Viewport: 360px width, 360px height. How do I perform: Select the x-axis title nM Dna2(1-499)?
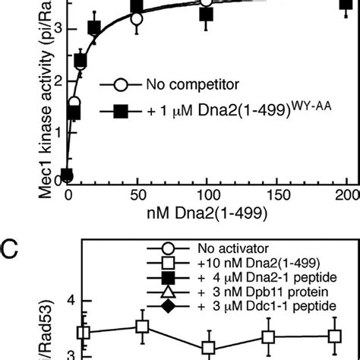206,214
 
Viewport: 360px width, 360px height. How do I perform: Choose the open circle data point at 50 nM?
137,20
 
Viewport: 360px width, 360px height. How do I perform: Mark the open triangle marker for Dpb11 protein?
160,292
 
